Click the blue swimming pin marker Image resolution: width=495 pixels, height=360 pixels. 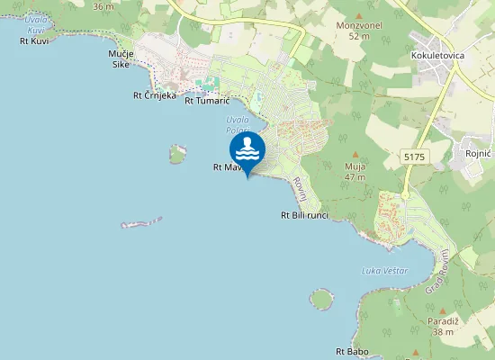click(247, 150)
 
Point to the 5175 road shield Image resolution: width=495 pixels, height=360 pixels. click(414, 157)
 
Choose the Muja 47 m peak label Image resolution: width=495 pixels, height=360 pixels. click(354, 171)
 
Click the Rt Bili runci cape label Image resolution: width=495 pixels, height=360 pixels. click(303, 215)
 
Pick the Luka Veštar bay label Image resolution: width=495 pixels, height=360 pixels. click(384, 271)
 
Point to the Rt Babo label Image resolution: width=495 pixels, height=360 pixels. click(352, 351)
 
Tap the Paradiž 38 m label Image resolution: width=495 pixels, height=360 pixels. click(443, 327)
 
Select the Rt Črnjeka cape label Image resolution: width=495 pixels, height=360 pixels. click(154, 95)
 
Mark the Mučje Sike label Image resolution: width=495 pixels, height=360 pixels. click(121, 59)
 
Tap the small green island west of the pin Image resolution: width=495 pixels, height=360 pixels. click(177, 155)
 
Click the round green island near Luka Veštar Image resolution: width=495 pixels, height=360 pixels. click(320, 298)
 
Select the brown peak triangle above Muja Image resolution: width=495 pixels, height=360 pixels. click(354, 154)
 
